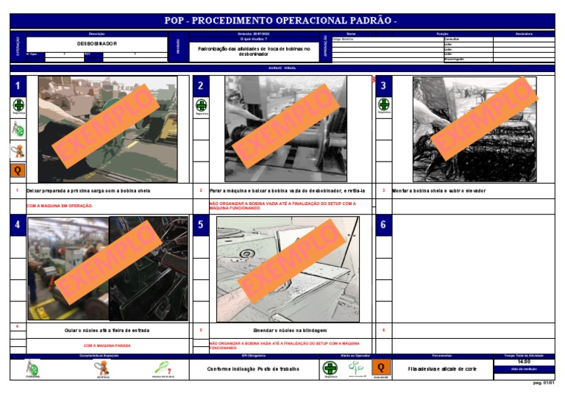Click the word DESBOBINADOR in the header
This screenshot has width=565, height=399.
click(97, 44)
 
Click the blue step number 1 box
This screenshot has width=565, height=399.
click(18, 86)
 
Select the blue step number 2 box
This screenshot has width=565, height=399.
click(200, 86)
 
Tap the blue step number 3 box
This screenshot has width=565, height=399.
click(383, 86)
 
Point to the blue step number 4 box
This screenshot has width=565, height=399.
click(18, 226)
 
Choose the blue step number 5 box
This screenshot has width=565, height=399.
click(200, 226)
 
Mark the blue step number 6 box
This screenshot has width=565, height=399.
click(383, 226)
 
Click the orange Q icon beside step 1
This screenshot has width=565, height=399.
click(18, 171)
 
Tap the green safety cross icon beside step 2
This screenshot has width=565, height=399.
click(201, 107)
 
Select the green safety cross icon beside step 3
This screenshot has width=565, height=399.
click(383, 107)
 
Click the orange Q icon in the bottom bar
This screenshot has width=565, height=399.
click(380, 367)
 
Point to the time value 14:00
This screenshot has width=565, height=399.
click(524, 362)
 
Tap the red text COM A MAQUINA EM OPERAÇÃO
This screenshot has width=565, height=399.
click(60, 206)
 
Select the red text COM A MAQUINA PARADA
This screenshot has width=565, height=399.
click(107, 345)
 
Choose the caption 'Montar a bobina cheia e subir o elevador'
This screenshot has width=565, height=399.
click(438, 190)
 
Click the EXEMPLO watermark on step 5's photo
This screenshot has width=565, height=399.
click(287, 269)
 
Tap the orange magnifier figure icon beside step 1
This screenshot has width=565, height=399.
click(18, 151)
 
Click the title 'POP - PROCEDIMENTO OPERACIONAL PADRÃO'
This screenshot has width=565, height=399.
click(282, 21)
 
